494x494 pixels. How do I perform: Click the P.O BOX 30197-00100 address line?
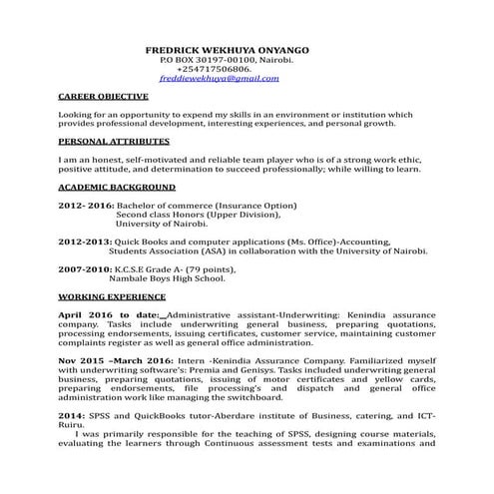click(x=228, y=60)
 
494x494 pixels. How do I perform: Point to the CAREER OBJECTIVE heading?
click(x=104, y=97)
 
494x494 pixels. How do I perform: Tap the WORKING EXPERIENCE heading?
click(x=112, y=297)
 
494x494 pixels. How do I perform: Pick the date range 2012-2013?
click(x=86, y=243)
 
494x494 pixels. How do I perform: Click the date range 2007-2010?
click(x=86, y=269)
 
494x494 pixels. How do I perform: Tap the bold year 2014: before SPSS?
click(x=72, y=415)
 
